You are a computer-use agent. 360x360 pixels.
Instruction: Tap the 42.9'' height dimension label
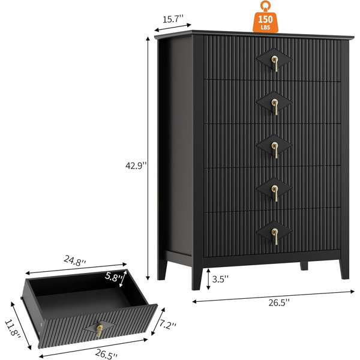click(136, 166)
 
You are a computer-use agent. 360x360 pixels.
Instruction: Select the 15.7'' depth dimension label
click(173, 19)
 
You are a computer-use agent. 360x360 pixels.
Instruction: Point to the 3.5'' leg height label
click(220, 279)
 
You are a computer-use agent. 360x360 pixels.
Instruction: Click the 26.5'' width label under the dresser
click(279, 303)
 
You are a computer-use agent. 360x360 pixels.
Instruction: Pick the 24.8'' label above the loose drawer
click(75, 260)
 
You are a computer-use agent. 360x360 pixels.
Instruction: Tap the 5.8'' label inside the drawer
click(113, 277)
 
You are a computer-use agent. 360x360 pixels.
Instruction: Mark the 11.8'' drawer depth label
click(13, 329)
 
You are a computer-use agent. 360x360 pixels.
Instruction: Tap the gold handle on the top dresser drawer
click(275, 64)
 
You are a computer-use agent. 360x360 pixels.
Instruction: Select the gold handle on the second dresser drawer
click(275, 107)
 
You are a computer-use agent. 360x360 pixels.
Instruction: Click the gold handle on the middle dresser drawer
click(275, 150)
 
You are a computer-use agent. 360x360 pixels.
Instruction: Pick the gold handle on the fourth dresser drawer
click(275, 193)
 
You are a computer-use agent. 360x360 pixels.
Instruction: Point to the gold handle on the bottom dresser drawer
click(275, 236)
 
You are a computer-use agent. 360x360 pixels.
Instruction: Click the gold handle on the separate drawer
click(100, 331)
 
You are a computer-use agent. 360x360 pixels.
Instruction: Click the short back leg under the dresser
click(304, 266)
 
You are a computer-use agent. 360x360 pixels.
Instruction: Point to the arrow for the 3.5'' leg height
click(208, 279)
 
